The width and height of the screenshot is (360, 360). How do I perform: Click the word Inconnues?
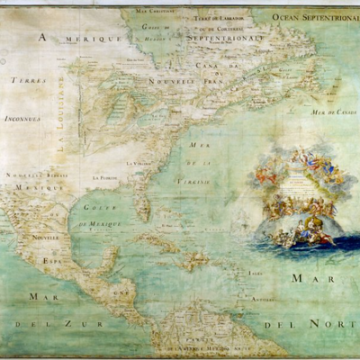point(22,117)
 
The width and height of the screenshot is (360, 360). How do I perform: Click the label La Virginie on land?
point(136,163)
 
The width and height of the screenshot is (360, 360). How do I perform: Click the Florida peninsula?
point(142,202)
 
